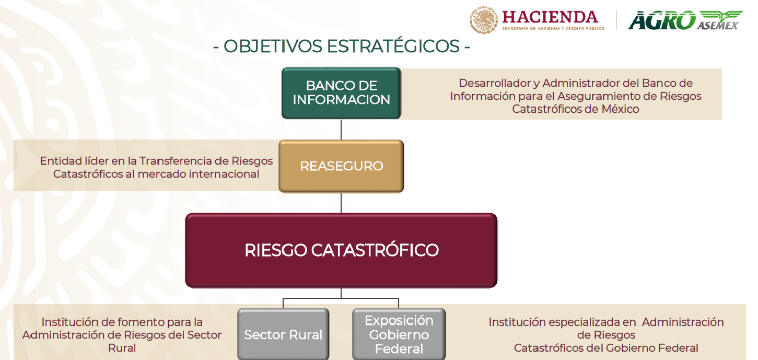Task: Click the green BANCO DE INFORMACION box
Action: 341,93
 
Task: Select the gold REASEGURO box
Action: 341,166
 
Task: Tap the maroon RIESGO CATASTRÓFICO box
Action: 341,250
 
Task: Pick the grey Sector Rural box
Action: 283,334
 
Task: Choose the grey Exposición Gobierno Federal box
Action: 399,334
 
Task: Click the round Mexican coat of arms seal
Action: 484,20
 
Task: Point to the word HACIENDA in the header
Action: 550,17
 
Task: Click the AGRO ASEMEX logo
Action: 685,20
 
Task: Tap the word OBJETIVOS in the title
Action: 273,46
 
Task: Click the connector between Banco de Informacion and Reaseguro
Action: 341,129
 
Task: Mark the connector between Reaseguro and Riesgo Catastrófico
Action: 341,203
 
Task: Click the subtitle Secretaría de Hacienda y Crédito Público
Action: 553,28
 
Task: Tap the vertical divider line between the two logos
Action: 616,20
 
